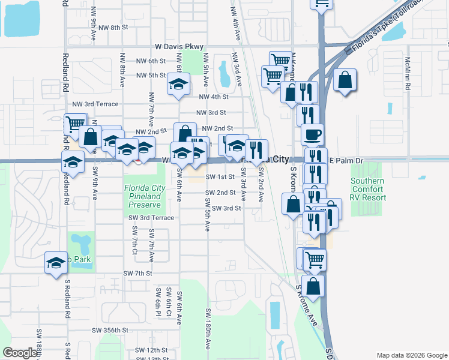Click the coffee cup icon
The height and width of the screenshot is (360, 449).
click(312, 134)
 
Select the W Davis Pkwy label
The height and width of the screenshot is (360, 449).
click(179, 46)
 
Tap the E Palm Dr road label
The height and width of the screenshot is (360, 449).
click(347, 160)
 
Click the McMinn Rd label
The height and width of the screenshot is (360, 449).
click(407, 73)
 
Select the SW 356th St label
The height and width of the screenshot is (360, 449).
click(110, 330)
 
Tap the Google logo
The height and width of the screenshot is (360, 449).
click(20, 353)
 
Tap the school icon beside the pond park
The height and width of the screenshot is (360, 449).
click(56, 263)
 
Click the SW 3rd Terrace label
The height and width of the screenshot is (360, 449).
click(151, 218)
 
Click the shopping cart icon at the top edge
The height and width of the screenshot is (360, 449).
click(321, 4)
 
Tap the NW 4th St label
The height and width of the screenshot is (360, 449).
click(214, 97)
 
